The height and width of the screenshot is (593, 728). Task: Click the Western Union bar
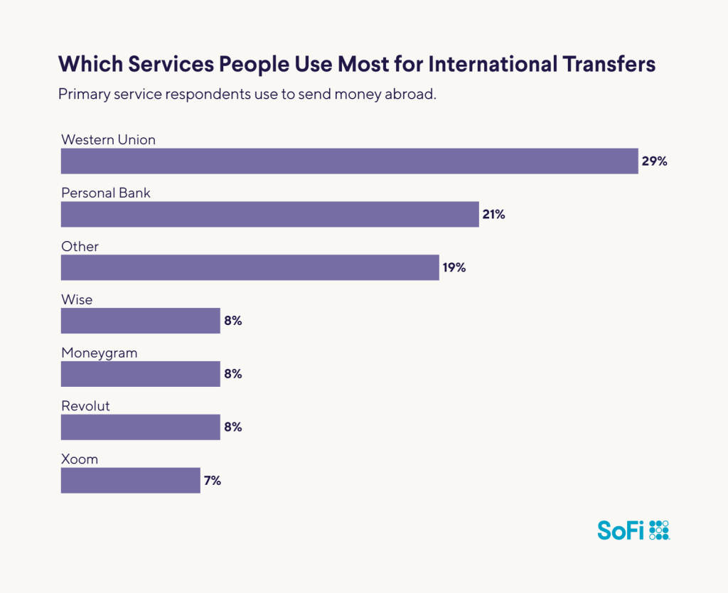click(349, 161)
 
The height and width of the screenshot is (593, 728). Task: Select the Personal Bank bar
click(269, 214)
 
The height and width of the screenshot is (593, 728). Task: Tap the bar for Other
click(250, 267)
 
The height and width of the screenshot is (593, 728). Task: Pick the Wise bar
click(140, 321)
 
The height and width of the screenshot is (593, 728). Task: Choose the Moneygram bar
click(140, 374)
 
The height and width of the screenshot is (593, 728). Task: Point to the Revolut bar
click(140, 427)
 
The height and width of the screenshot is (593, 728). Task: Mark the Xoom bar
click(130, 481)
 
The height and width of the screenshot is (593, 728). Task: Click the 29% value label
click(654, 161)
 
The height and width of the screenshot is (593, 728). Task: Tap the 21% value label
click(493, 215)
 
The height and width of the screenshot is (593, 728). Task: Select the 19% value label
click(453, 268)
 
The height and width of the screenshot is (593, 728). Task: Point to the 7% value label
click(213, 481)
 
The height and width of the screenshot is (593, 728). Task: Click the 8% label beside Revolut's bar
click(233, 428)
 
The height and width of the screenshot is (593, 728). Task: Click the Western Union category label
click(108, 139)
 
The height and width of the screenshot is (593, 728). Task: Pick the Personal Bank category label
click(106, 193)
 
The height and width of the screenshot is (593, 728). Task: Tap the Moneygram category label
click(99, 353)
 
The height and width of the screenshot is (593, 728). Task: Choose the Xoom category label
click(80, 459)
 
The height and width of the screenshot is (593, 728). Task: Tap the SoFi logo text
click(620, 530)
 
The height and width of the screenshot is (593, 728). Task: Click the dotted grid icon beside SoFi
click(659, 530)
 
